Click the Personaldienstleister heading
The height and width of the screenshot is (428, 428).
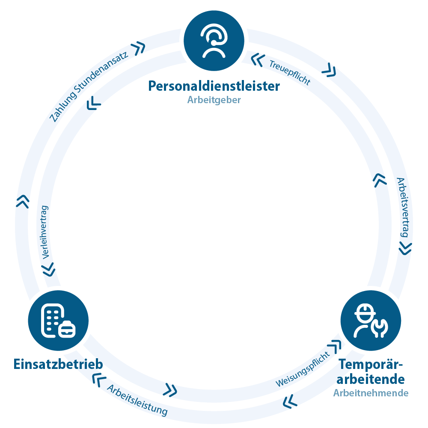coord(214,86)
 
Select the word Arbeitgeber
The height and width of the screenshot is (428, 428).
coord(214,100)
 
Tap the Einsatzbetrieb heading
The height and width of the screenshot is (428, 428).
coord(58,364)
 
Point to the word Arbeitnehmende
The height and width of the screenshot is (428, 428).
coord(371,393)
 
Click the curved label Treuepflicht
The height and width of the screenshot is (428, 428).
coord(290,72)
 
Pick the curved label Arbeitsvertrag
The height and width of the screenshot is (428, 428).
coord(404,207)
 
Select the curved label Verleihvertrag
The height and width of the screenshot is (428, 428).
coord(45,232)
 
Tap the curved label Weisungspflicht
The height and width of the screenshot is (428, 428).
coord(303,369)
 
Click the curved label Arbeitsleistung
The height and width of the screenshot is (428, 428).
coord(137,400)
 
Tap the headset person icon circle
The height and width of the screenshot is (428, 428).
coord(214,41)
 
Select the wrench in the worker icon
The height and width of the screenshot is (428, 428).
coord(380,328)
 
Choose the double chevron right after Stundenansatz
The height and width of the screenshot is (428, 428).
coord(138,48)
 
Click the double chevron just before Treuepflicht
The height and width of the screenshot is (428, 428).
coord(258,60)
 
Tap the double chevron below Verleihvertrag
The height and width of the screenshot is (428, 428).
coord(49,270)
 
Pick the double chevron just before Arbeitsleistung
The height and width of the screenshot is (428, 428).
coord(99,380)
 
